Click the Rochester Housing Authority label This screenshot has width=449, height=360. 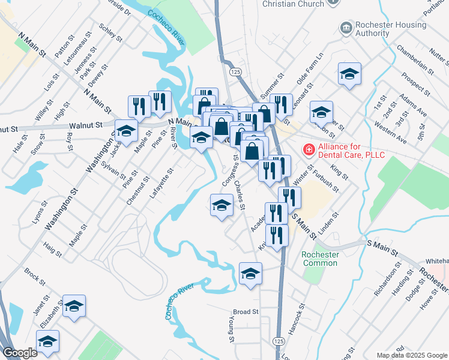(x=381, y=28)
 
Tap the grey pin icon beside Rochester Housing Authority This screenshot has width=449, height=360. (x=345, y=28)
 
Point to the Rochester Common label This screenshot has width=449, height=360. (x=320, y=259)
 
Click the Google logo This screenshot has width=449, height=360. (x=20, y=353)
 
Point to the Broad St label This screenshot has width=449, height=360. (x=246, y=312)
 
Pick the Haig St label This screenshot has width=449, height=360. (x=53, y=249)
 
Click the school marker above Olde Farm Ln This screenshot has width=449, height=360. (x=349, y=74)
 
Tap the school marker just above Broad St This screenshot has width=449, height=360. (x=250, y=274)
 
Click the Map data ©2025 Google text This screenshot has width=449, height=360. (x=411, y=355)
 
